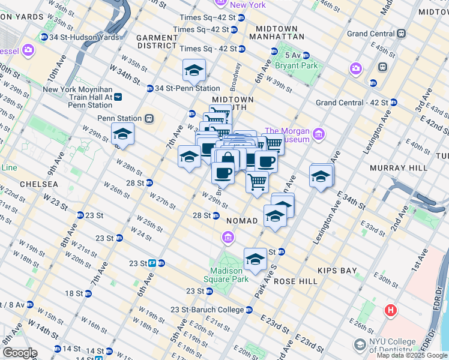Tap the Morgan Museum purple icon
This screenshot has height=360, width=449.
pyautogui.click(x=318, y=133)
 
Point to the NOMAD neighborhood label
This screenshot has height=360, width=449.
pyautogui.click(x=242, y=221)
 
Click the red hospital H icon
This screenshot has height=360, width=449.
pyautogui.click(x=391, y=310)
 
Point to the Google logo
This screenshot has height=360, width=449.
pyautogui.click(x=20, y=353)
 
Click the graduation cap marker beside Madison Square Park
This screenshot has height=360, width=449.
pyautogui.click(x=255, y=259)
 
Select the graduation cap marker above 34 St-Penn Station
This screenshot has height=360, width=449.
pyautogui.click(x=194, y=70)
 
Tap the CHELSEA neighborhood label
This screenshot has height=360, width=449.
pyautogui.click(x=38, y=184)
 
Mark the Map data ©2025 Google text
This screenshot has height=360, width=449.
pyautogui.click(x=412, y=355)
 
